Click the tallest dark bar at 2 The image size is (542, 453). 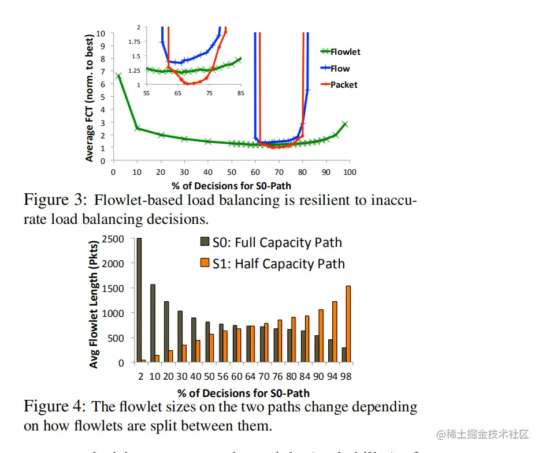[139, 300]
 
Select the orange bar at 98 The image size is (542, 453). [348, 324]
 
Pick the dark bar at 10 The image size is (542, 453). [153, 323]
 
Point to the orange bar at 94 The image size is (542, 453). [334, 332]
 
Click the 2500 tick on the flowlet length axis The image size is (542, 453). [112, 239]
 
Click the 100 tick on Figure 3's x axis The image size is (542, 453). [350, 172]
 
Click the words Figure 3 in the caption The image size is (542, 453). [55, 200]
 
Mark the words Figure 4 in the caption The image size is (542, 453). [55, 406]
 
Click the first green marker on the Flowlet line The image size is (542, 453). [118, 76]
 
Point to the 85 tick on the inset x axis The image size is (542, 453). [240, 93]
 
